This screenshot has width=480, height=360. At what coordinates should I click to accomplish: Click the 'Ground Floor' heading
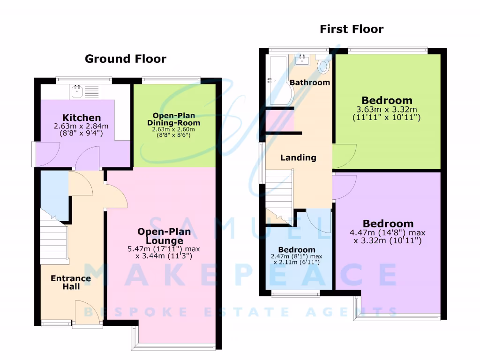point(125,59)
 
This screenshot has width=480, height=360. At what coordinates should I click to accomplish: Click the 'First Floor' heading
point(352,29)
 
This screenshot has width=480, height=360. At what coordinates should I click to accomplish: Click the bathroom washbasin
point(302,60)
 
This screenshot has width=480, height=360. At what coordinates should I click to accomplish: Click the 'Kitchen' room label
point(82,118)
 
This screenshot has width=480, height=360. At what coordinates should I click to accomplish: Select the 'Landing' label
point(298,157)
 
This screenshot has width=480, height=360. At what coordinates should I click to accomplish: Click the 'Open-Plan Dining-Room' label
point(174,119)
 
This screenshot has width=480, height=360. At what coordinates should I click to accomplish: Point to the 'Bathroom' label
point(309,82)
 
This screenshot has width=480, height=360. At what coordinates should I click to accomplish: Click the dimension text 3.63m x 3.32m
point(387,110)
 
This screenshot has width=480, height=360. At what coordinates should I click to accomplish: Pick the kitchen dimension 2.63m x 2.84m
point(82,126)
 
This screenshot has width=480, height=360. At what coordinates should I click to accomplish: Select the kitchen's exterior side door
point(45,155)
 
